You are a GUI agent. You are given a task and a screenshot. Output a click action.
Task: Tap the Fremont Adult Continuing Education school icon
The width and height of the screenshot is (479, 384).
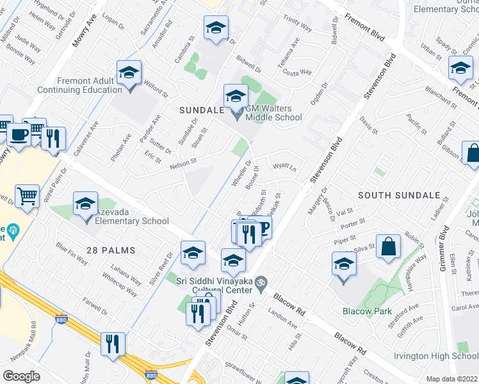coord(129,74)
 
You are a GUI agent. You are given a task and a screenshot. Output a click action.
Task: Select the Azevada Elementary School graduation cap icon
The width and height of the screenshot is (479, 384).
coord(85,205)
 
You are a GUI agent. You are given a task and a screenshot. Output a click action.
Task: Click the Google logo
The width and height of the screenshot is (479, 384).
coord(21,376)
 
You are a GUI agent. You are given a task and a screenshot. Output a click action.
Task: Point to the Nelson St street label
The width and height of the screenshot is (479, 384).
coord(183,164)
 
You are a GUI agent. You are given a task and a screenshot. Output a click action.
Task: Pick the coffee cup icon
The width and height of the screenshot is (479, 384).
coord(19,136)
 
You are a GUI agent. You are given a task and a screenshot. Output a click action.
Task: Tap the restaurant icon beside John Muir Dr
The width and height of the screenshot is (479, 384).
coord(113,344)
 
